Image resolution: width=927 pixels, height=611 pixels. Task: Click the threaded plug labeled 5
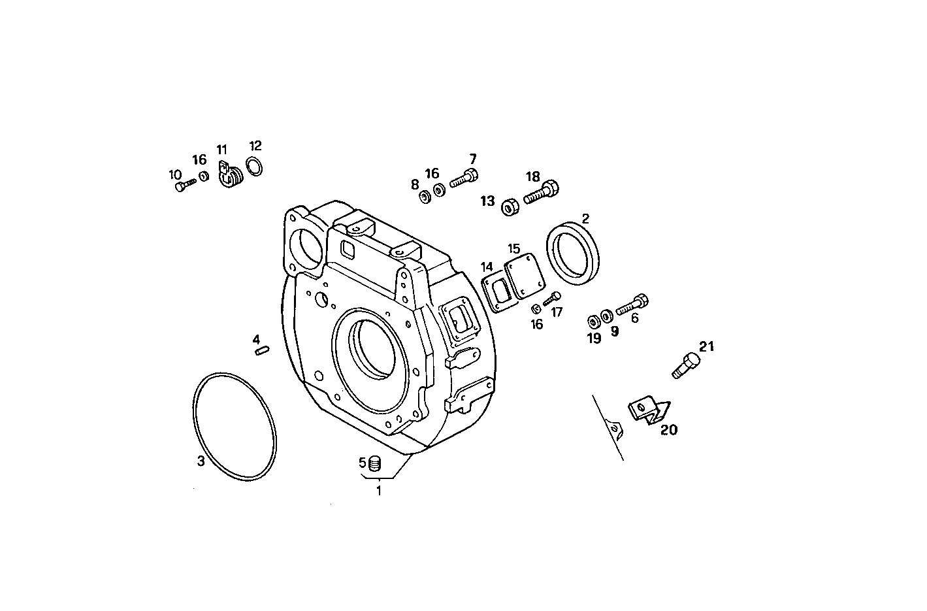pos(375,465)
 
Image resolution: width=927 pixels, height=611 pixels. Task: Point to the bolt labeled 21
pos(683,365)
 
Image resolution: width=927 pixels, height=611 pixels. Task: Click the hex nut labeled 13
pos(510,206)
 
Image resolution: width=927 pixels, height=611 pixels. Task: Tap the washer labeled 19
pos(594,321)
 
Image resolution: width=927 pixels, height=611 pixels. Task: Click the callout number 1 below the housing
pos(378,491)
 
